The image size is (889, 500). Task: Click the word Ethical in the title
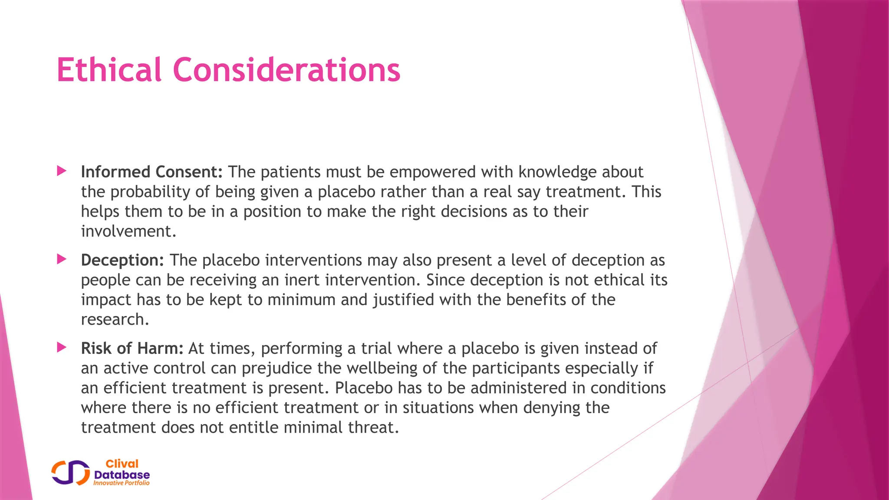coord(109,70)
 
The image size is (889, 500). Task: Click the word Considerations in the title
coord(286,70)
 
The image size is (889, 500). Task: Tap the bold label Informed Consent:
coord(151,172)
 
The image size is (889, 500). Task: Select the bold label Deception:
coord(122,260)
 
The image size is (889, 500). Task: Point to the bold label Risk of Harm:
coord(132,348)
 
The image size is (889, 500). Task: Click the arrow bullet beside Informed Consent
coord(62,171)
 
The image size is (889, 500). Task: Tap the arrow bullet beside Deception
coord(62,260)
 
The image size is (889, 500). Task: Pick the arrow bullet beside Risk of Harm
coord(62,348)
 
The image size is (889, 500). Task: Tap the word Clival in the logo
coord(122,464)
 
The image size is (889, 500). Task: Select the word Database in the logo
coord(122,474)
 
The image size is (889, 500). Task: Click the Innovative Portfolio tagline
coord(122,483)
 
